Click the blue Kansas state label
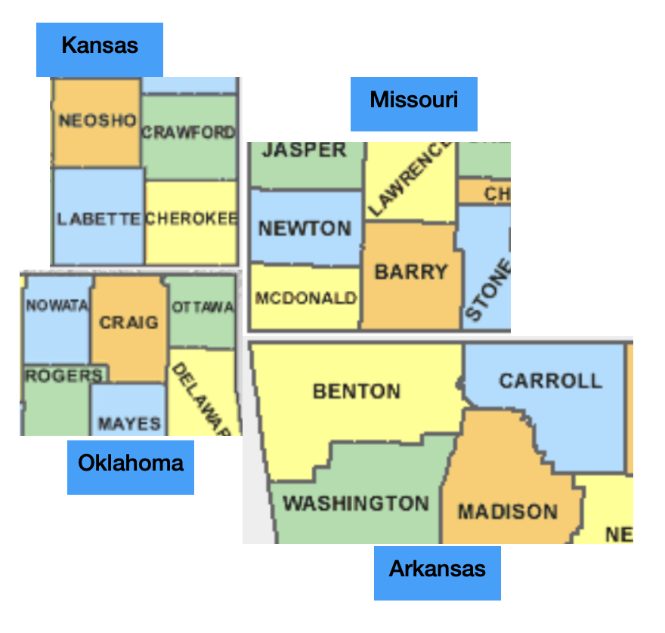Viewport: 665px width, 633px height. tap(100, 46)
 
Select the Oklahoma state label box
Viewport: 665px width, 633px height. tap(131, 463)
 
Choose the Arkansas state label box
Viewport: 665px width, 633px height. tap(438, 570)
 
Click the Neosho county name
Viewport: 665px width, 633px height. tap(97, 121)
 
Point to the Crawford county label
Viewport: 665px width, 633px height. tap(189, 133)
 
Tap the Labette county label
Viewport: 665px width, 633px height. tap(99, 219)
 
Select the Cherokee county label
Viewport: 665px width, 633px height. tap(192, 219)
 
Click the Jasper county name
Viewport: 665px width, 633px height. tap(305, 150)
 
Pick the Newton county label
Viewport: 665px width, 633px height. tap(305, 228)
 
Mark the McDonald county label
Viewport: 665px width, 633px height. tap(306, 298)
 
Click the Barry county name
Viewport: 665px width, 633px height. tap(412, 272)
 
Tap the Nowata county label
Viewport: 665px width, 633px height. tap(57, 306)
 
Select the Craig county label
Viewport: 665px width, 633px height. tap(129, 323)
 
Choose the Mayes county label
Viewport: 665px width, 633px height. tap(129, 424)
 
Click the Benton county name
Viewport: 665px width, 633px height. tap(357, 391)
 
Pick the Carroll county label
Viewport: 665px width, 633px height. tap(551, 380)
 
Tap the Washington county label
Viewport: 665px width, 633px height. tap(356, 503)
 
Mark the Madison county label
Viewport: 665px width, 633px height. tap(508, 512)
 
